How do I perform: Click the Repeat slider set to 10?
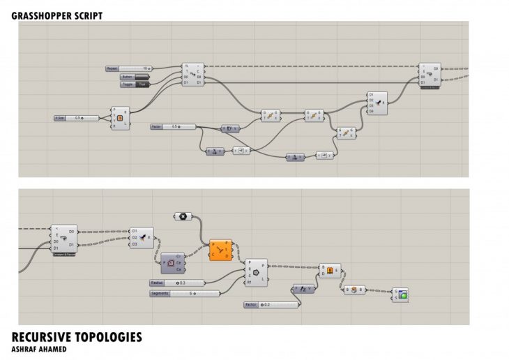click(x=129, y=68)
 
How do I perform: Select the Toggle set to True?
click(x=135, y=84)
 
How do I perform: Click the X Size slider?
click(x=77, y=118)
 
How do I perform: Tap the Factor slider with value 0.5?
click(x=172, y=126)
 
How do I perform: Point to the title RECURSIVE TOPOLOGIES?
click(x=77, y=337)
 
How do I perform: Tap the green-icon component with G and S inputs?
click(x=400, y=294)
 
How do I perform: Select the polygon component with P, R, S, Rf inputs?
click(x=255, y=271)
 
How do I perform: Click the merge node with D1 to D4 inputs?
click(x=377, y=103)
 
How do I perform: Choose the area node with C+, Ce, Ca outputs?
click(x=173, y=263)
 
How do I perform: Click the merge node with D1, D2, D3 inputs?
click(x=142, y=237)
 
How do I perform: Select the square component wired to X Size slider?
click(x=120, y=119)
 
